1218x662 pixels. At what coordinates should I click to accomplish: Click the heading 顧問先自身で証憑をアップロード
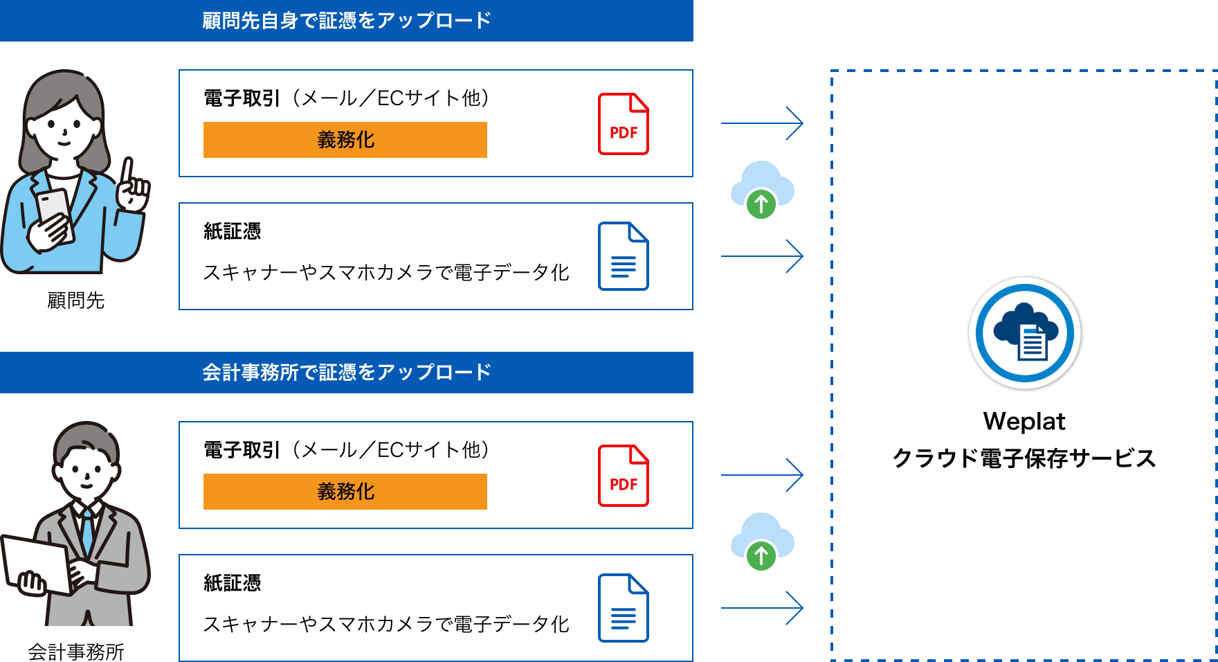pyautogui.click(x=346, y=21)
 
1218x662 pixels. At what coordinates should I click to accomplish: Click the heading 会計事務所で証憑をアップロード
pyautogui.click(x=346, y=373)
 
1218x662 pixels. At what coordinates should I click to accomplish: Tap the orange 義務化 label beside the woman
pyautogui.click(x=345, y=140)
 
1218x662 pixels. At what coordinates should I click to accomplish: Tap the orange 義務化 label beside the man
pyautogui.click(x=345, y=492)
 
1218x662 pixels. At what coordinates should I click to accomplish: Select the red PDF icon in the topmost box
pyautogui.click(x=623, y=124)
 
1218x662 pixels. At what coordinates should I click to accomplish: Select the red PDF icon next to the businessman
pyautogui.click(x=623, y=476)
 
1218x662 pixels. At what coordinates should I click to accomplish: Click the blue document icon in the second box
pyautogui.click(x=623, y=256)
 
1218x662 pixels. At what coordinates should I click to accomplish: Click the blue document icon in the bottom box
pyautogui.click(x=623, y=608)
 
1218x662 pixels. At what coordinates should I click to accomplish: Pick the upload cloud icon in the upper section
pyautogui.click(x=762, y=190)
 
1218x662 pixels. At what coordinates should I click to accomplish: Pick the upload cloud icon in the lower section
pyautogui.click(x=762, y=542)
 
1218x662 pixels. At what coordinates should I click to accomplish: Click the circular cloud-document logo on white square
pyautogui.click(x=1024, y=333)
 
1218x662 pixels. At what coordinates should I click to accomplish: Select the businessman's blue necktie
pyautogui.click(x=87, y=530)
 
